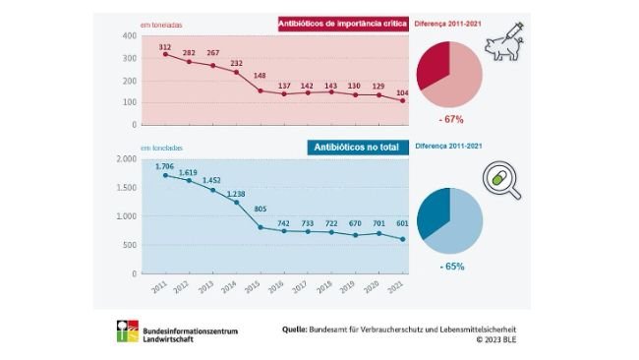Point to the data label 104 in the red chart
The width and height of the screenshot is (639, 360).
coord(401,91)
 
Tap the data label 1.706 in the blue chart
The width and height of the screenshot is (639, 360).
coord(165,165)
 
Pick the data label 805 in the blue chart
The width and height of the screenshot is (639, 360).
coord(261,210)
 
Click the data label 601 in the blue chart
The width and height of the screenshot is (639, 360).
coord(401,221)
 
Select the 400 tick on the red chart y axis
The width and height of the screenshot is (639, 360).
coord(129,36)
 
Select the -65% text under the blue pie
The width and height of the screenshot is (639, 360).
coord(450,266)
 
